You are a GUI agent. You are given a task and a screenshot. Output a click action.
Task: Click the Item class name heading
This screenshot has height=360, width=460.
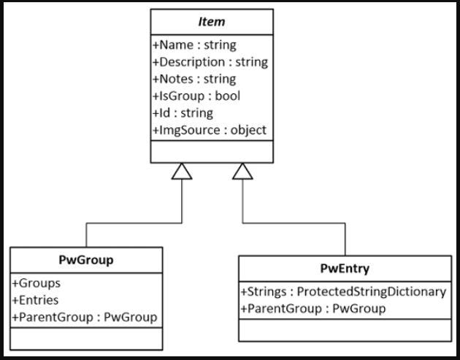[x=212, y=22]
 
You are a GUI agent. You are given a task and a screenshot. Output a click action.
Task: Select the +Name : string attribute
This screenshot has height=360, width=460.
[x=194, y=45]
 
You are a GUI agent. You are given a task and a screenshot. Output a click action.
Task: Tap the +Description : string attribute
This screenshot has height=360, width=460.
[x=210, y=62]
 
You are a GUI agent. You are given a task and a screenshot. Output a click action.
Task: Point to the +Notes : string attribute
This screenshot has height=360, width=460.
[x=194, y=79]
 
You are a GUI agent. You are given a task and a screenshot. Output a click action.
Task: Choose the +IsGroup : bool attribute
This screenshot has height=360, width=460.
[x=196, y=96]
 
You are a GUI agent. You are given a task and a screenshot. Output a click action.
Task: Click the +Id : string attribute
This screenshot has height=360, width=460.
[x=183, y=112]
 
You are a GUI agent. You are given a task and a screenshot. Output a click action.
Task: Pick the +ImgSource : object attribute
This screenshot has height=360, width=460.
[x=210, y=130]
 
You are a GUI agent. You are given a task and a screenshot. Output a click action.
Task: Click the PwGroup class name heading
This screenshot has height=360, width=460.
[x=85, y=260]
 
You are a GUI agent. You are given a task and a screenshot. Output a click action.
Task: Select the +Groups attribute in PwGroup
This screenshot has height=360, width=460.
[x=36, y=283]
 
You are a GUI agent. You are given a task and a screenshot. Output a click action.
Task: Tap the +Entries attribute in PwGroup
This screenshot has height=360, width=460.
[x=36, y=300]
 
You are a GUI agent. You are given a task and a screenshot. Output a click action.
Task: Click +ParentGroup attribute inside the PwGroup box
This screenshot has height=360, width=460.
[x=85, y=317]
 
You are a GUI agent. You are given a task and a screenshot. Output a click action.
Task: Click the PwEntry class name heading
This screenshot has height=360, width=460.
[x=345, y=268]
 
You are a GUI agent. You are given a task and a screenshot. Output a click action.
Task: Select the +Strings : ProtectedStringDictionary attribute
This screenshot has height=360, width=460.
[x=343, y=292]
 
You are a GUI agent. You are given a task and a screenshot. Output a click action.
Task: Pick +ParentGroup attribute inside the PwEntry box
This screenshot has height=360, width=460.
[x=313, y=309]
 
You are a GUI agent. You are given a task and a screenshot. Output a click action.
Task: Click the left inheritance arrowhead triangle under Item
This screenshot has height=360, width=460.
[x=182, y=172]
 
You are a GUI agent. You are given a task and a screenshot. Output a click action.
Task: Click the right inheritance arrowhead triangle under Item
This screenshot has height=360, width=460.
[x=242, y=172]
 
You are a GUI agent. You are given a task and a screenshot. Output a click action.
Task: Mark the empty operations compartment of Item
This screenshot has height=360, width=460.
[x=212, y=151]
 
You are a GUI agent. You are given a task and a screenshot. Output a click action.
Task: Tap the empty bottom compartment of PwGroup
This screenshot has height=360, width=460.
[x=86, y=338]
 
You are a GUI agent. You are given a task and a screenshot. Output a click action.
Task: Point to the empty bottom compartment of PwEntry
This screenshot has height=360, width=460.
[x=345, y=330]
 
